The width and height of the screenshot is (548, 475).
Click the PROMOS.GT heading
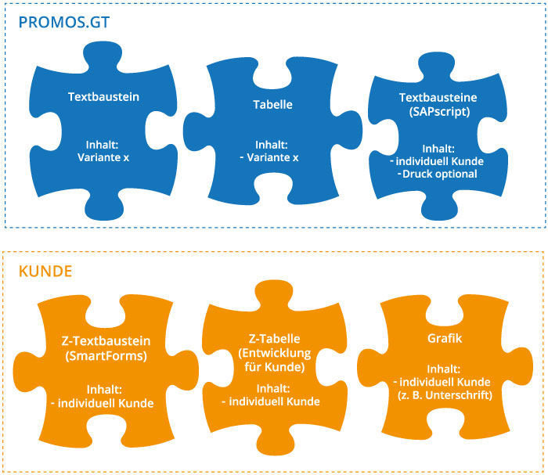[x=64, y=22]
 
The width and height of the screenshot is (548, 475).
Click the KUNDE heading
[x=46, y=272]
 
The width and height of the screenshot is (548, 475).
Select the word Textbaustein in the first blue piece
[x=103, y=98]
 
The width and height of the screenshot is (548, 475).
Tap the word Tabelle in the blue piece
[x=273, y=104]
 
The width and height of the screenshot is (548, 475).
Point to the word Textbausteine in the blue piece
[x=438, y=99]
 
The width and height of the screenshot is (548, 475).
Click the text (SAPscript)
[x=438, y=113]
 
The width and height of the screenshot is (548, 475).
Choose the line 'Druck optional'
[x=438, y=174]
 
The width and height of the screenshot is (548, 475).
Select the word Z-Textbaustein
[x=105, y=342]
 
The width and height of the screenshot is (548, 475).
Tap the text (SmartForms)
[x=105, y=357]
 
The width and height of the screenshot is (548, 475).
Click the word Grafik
[x=445, y=340]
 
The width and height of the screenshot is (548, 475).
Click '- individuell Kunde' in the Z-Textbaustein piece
[x=107, y=403]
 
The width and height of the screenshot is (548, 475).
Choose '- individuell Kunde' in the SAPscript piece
[x=438, y=161]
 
